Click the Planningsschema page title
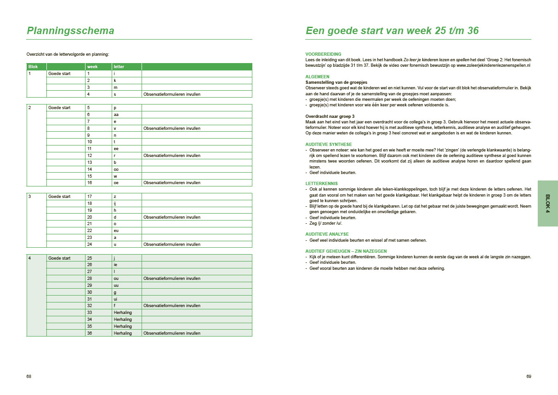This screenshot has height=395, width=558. [x=71, y=31]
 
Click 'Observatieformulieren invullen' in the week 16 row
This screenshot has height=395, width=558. [x=172, y=183]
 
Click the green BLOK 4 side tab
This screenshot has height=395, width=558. [x=547, y=203]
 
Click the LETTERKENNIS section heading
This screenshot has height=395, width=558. [x=322, y=183]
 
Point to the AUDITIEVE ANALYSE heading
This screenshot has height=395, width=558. [x=327, y=234]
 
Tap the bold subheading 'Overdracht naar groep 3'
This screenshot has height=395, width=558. [x=330, y=116]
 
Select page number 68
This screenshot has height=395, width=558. [x=29, y=377]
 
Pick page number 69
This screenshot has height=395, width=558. [x=529, y=377]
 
